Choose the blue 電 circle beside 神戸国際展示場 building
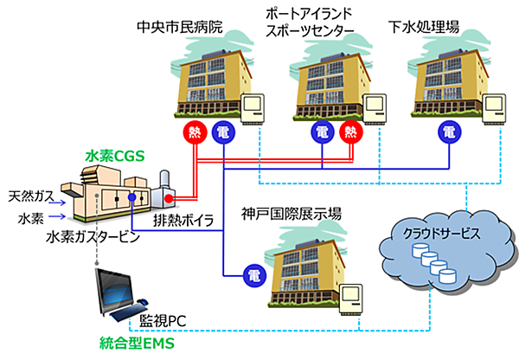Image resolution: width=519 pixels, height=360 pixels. tap(254, 275)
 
